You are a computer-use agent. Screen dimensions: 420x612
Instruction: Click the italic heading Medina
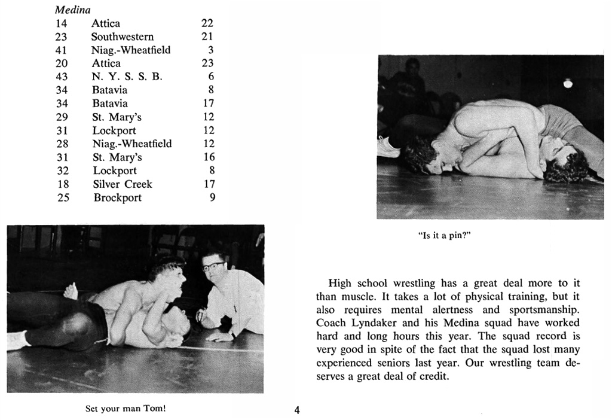[73, 10]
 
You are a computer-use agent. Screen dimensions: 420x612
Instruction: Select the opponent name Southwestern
[123, 36]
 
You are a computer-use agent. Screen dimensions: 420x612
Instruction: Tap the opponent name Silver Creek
[123, 184]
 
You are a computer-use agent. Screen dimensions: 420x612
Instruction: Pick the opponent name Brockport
[118, 197]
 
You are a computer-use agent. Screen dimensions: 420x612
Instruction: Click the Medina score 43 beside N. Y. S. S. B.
[62, 77]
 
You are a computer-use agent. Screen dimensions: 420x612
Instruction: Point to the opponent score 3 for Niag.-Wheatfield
[211, 50]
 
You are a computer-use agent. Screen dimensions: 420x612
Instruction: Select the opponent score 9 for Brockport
[212, 197]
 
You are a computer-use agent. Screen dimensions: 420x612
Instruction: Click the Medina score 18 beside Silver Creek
[63, 184]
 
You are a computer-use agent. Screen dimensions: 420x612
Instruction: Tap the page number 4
[297, 410]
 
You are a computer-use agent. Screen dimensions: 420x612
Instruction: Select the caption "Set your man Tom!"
[126, 409]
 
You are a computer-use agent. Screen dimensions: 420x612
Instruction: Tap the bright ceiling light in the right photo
[568, 84]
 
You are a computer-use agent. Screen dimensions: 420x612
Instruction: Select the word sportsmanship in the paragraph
[543, 310]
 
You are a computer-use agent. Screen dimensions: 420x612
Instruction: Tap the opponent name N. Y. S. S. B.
[127, 77]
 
